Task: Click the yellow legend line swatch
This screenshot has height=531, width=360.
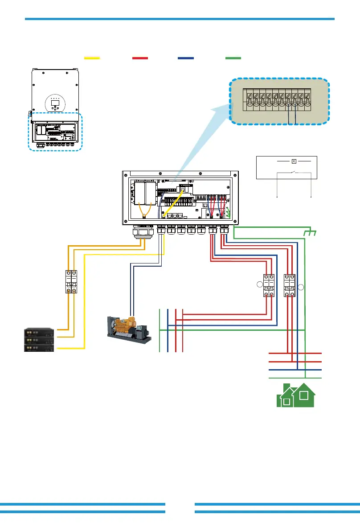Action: click(92, 58)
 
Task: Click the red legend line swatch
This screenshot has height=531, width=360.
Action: click(140, 58)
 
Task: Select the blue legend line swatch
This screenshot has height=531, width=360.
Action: click(185, 58)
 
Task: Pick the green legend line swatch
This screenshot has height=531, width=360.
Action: click(233, 58)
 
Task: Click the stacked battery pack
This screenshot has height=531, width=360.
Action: click(39, 340)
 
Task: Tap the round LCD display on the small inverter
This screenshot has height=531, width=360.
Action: click(56, 104)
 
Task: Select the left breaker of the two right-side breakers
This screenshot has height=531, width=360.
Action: click(268, 285)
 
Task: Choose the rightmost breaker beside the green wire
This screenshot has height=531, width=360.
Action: click(290, 285)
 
